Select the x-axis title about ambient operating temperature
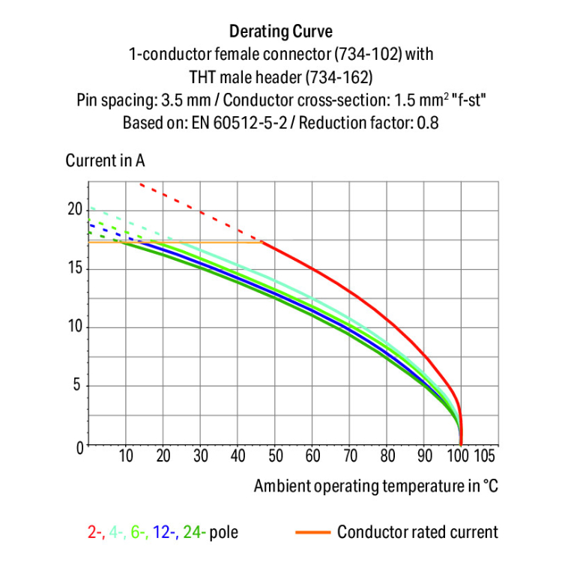(x=375, y=486)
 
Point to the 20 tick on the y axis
(x=73, y=209)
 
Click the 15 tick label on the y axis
(x=73, y=268)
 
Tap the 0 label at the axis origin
(x=77, y=447)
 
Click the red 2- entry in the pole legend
(x=94, y=533)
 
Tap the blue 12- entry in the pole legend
(x=165, y=533)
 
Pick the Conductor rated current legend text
(x=417, y=533)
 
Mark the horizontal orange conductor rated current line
(x=187, y=242)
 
